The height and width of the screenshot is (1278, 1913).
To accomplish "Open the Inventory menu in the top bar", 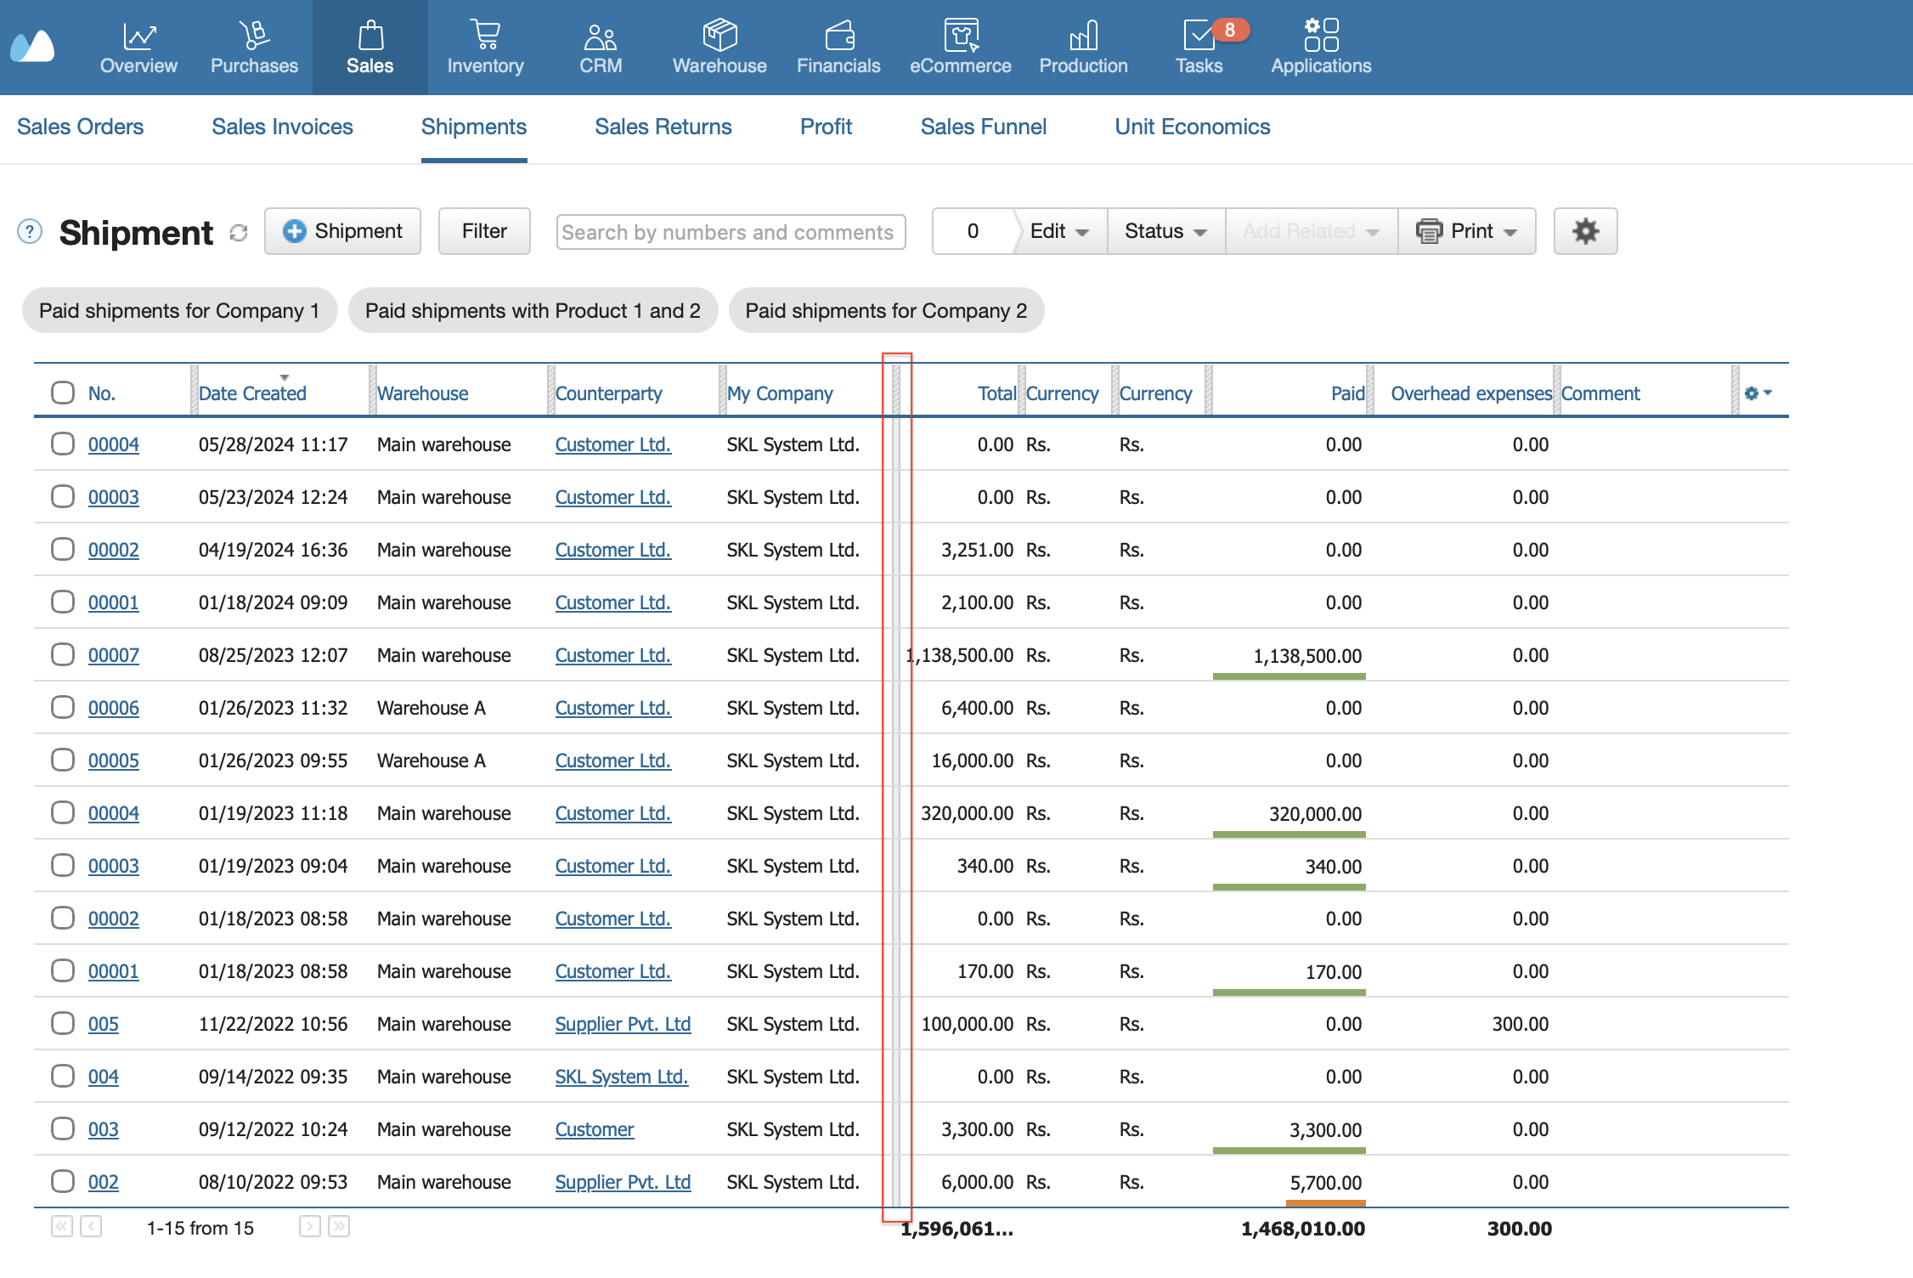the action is coord(485,48).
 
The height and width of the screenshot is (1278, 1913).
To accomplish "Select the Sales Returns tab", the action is coord(663,127).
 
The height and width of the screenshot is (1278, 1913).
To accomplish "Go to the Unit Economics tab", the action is coord(1192,127).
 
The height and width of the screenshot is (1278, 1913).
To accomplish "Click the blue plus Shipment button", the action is coord(342,231).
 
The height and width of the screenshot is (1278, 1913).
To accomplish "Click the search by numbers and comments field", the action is coord(731,232).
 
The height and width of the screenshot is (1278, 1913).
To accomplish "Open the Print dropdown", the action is coord(1467,231).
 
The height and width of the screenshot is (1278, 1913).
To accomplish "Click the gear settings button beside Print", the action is coord(1585,231).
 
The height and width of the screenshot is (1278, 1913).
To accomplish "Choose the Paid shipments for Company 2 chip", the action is coord(886,310).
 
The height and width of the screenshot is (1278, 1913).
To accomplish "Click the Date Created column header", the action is coord(252,393).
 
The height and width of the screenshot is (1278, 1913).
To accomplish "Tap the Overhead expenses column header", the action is coord(1471,393).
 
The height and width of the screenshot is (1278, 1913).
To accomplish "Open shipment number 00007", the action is coord(114,655).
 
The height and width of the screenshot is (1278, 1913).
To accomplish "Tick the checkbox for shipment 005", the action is coord(63,1023).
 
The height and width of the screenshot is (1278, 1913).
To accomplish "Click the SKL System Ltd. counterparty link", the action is coord(622,1077).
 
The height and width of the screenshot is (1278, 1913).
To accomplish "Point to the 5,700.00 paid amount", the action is coord(1325,1182).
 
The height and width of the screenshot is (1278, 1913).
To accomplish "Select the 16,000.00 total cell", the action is coord(972,761).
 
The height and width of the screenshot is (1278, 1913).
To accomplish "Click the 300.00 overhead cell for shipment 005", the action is coord(1520,1024).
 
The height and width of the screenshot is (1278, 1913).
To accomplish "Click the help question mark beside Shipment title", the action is coord(30,231).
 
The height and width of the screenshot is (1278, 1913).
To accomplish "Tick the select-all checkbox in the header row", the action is coord(63,393).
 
